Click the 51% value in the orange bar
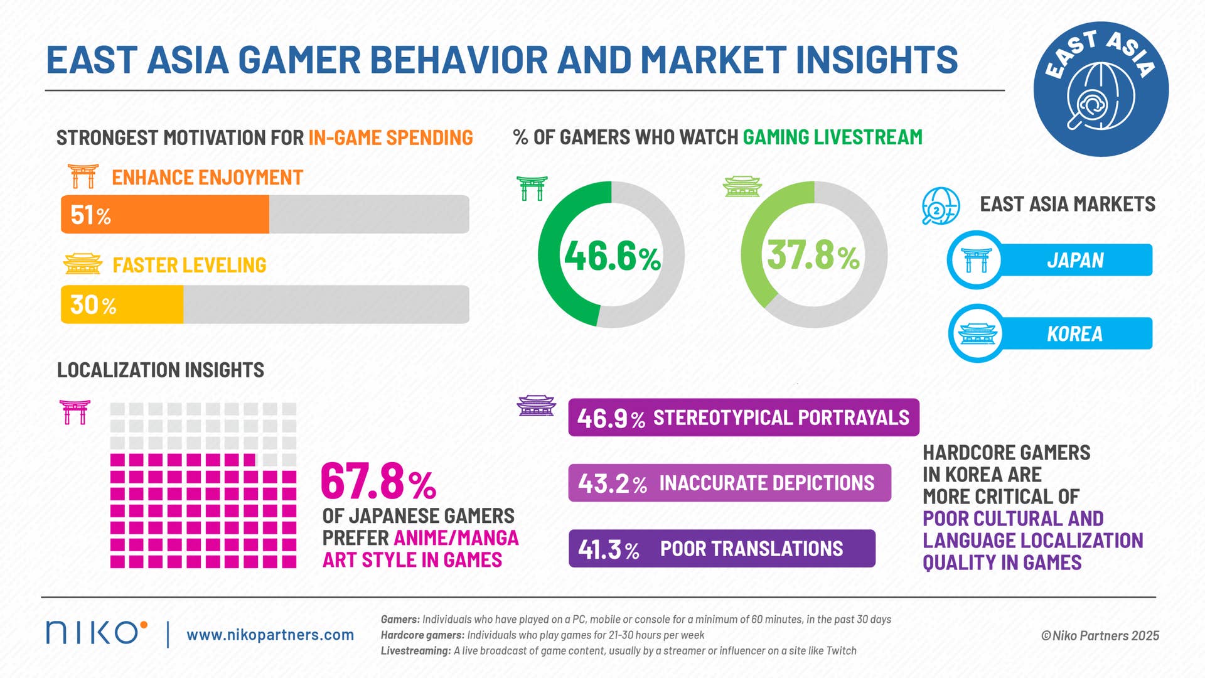pyautogui.click(x=90, y=215)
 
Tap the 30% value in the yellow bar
pyautogui.click(x=93, y=305)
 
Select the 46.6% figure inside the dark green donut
pyautogui.click(x=612, y=256)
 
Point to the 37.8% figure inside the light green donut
pyautogui.click(x=813, y=256)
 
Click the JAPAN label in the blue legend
pyautogui.click(x=1074, y=260)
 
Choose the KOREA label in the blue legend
pyautogui.click(x=1074, y=333)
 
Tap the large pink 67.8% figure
pyautogui.click(x=378, y=482)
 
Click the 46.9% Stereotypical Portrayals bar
pyautogui.click(x=743, y=417)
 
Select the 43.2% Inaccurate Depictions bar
pyautogui.click(x=729, y=483)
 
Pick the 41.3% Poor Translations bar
pyautogui.click(x=722, y=549)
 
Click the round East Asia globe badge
pyautogui.click(x=1101, y=90)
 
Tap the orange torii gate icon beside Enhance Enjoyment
pyautogui.click(x=83, y=176)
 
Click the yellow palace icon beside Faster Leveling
pyautogui.click(x=82, y=264)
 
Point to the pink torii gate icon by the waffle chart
pyautogui.click(x=75, y=412)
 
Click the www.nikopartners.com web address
pyautogui.click(x=270, y=635)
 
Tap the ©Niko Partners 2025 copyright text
pyautogui.click(x=1100, y=635)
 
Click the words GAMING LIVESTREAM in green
pyautogui.click(x=832, y=137)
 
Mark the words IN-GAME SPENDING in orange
pyautogui.click(x=390, y=137)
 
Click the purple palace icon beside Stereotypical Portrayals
pyautogui.click(x=536, y=406)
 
